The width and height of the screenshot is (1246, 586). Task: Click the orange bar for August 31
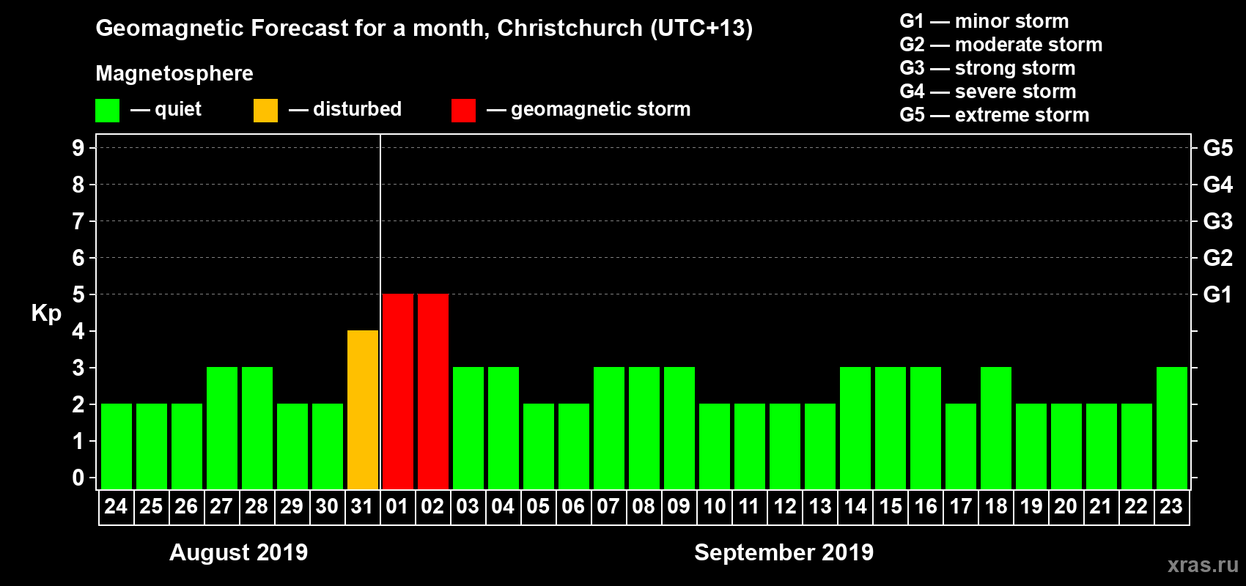[x=363, y=409]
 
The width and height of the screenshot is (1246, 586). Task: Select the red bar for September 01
[x=398, y=391]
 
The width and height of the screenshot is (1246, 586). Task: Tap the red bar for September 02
[x=433, y=391]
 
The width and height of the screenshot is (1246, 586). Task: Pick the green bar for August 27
[x=222, y=428]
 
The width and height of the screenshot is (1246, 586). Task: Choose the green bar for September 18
[x=996, y=428]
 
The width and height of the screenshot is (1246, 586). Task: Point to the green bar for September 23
[x=1172, y=428]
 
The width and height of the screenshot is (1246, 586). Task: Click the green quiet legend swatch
[x=107, y=111]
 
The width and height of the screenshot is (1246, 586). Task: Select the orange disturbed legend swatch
[x=265, y=111]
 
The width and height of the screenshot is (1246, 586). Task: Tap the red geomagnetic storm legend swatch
[x=463, y=111]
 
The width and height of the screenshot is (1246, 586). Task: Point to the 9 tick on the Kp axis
[x=78, y=148]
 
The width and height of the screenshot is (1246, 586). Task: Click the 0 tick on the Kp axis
[x=78, y=478]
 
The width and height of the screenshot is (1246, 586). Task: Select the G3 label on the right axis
[x=1217, y=221]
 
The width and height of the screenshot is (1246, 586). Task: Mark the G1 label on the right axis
[x=1217, y=294]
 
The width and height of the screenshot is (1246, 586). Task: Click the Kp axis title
[x=46, y=314]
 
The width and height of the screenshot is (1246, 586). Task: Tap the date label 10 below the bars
[x=715, y=507]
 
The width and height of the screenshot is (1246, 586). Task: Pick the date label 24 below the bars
[x=116, y=507]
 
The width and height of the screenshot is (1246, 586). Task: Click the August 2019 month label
[x=238, y=552]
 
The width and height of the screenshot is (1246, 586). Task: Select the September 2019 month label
[x=784, y=552]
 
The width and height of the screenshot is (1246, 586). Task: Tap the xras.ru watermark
[x=1202, y=565]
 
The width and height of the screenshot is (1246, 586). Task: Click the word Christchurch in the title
[x=569, y=29]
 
